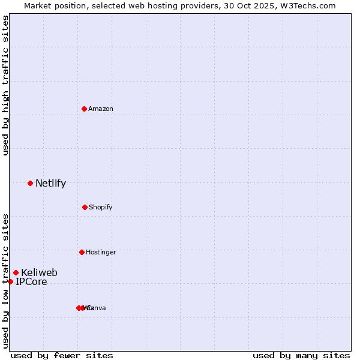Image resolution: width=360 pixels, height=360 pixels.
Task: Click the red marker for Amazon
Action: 84,109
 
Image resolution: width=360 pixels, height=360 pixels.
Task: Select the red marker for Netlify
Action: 30,183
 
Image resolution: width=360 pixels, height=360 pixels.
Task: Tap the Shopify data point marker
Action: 85,207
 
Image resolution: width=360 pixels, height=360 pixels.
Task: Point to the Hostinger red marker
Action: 82,252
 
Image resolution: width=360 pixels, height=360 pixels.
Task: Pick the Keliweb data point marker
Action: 16,272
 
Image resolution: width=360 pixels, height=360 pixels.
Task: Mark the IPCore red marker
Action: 10,281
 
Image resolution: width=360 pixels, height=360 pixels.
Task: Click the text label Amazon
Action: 101,109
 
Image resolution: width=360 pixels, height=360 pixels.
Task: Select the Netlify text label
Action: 50,184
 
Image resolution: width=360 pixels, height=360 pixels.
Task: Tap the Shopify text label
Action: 101,207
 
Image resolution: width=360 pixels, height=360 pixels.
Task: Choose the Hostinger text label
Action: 101,252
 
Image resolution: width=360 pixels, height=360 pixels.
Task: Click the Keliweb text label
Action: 39,273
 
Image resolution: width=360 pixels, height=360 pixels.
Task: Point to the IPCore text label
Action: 31,282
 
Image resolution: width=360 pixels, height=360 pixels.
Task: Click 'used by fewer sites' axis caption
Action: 62,355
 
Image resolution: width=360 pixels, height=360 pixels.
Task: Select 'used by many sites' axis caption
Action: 301,355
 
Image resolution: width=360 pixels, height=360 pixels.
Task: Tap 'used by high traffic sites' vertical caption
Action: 5,85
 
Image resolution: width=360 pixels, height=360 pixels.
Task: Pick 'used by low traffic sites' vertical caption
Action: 5,280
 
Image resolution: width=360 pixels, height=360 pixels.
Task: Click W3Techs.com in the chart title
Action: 310,5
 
